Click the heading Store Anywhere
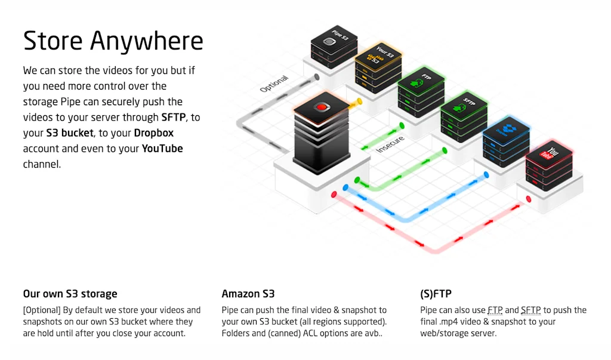tap(113, 41)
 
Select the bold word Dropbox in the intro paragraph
tap(153, 133)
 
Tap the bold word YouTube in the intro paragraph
tap(162, 148)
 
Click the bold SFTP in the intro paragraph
tap(174, 117)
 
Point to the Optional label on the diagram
tap(274, 84)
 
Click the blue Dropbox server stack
tap(506, 140)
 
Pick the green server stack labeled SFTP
tap(464, 113)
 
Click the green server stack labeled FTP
tap(421, 90)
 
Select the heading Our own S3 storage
tap(70, 294)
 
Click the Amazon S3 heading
tap(248, 294)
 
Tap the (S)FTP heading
tap(436, 294)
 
